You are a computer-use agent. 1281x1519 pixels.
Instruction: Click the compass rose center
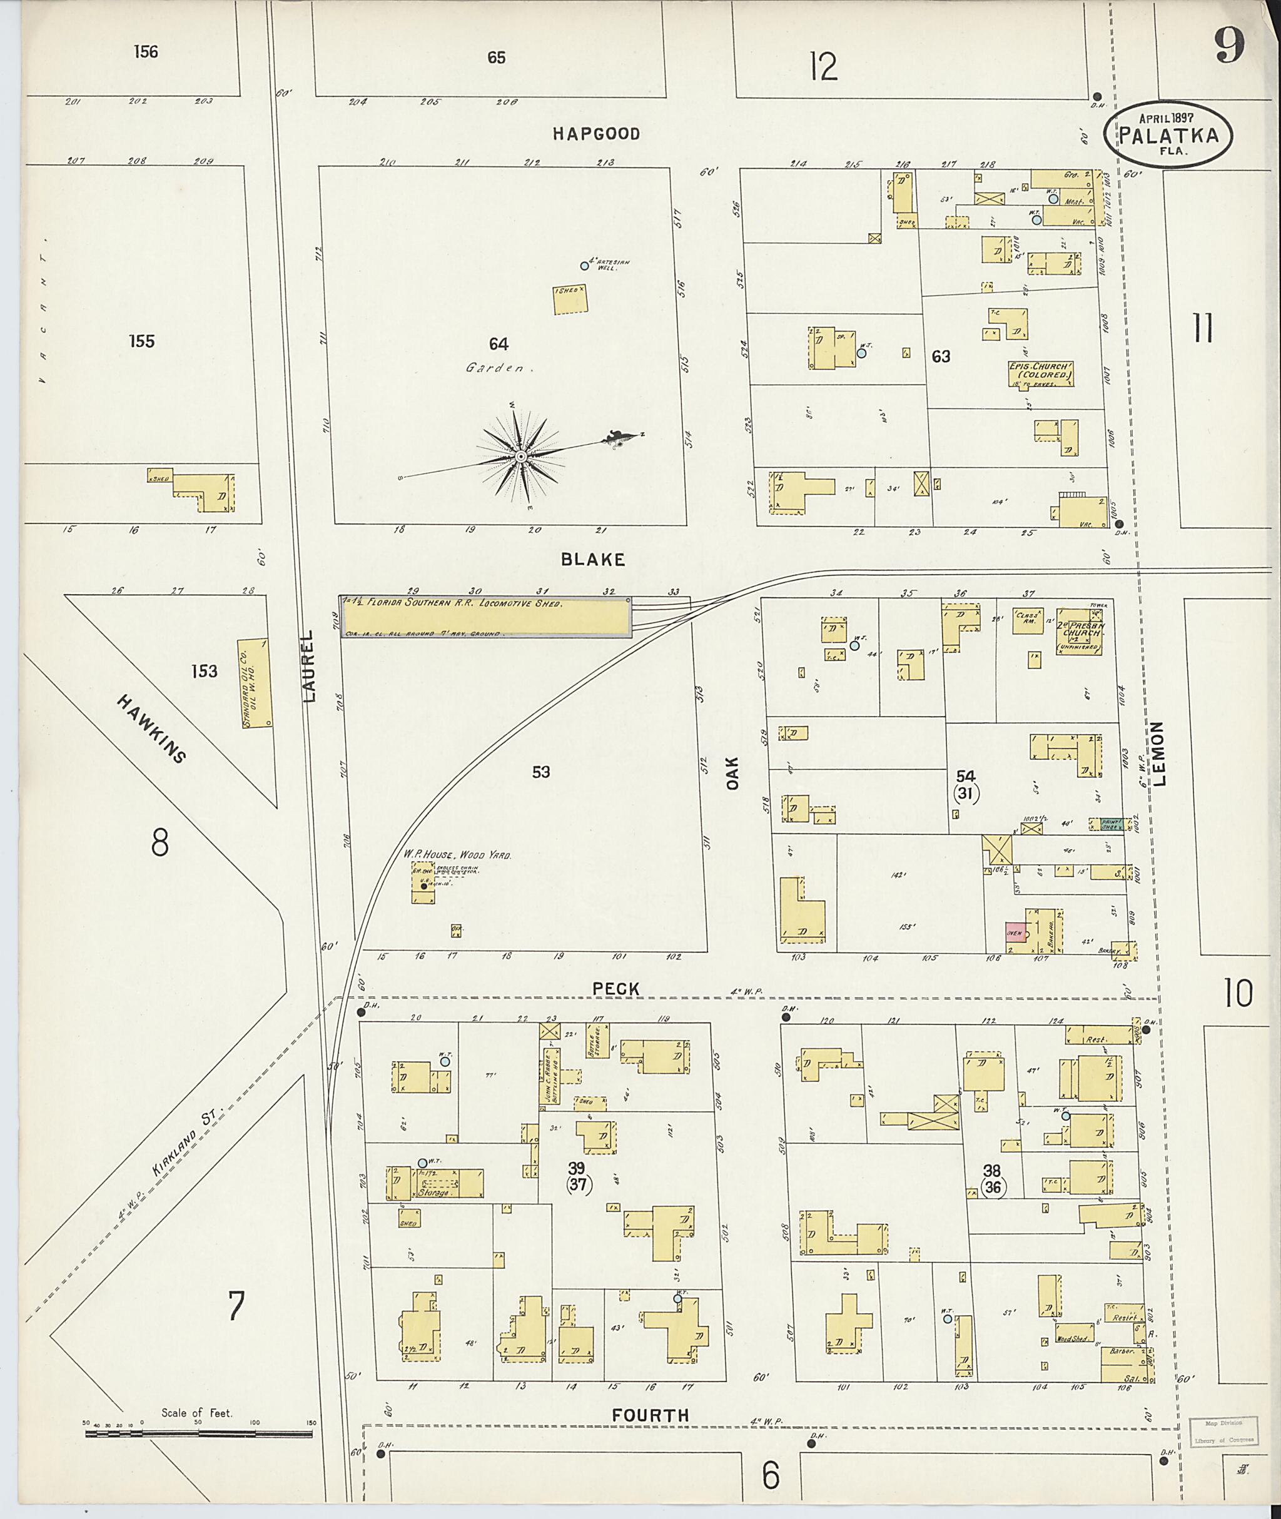coord(520,456)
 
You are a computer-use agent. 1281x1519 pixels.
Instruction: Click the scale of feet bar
coord(200,1435)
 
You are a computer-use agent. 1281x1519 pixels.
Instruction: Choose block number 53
coord(540,772)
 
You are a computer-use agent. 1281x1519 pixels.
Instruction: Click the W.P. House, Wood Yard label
coord(457,856)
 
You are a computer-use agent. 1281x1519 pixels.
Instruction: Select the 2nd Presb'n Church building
coord(1079,631)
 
